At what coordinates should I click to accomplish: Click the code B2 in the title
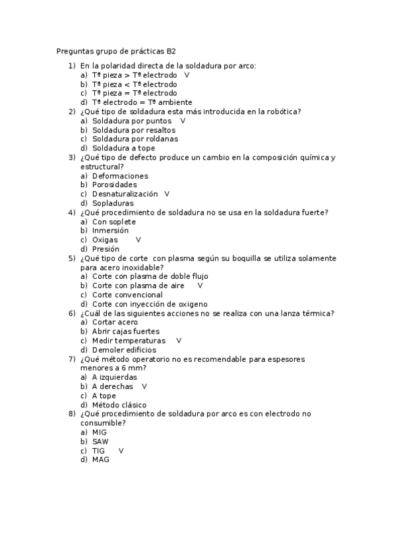(x=171, y=50)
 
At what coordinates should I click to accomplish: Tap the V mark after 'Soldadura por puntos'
(x=183, y=121)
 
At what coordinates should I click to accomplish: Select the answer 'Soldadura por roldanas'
(x=135, y=139)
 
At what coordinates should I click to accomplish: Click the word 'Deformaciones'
(x=120, y=176)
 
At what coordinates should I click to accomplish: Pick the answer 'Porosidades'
(x=115, y=185)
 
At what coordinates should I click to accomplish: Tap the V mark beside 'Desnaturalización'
(x=167, y=194)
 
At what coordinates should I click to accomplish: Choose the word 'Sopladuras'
(x=113, y=204)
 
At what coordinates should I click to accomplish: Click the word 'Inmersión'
(x=111, y=231)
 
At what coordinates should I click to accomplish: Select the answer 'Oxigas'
(x=105, y=240)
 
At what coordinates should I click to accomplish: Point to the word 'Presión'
(x=106, y=249)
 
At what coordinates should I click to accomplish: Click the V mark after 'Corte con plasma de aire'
(x=200, y=285)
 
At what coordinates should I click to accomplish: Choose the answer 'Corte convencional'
(x=127, y=295)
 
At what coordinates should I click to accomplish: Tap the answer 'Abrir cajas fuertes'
(x=126, y=332)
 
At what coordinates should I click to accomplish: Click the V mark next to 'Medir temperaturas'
(x=179, y=341)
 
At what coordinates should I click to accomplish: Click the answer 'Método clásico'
(x=119, y=405)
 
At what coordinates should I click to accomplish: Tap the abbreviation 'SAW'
(x=100, y=442)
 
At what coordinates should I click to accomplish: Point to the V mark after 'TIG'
(x=121, y=451)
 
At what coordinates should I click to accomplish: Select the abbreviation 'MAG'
(x=100, y=460)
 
